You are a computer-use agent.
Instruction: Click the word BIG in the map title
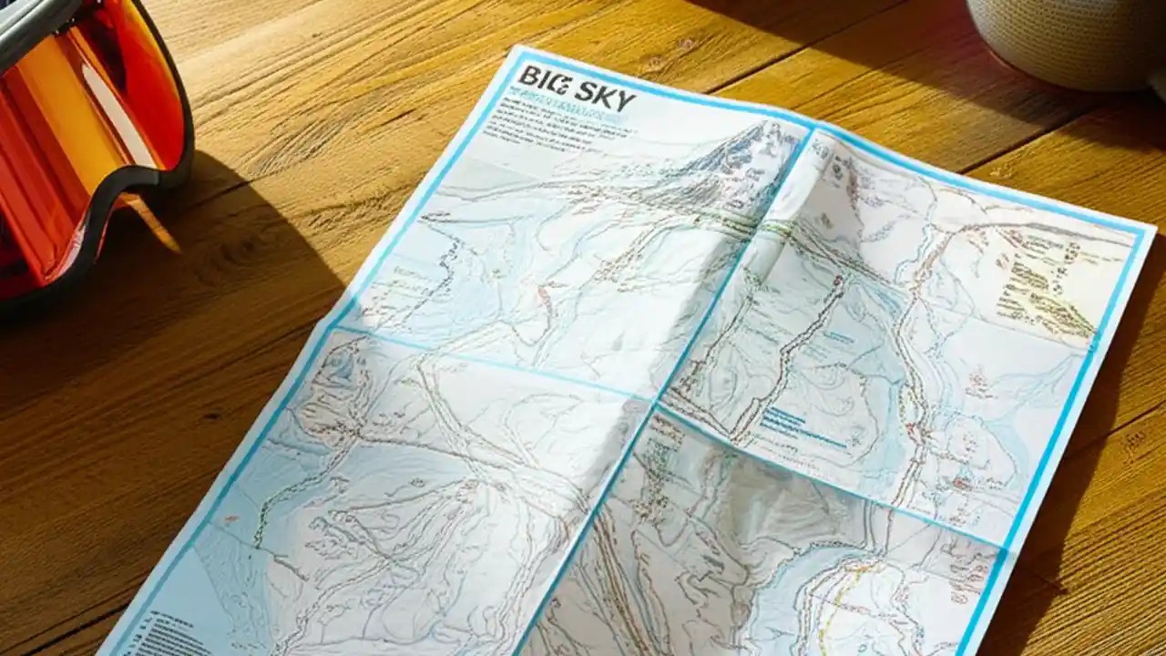(543, 79)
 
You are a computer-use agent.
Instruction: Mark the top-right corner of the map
(1151, 226)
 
